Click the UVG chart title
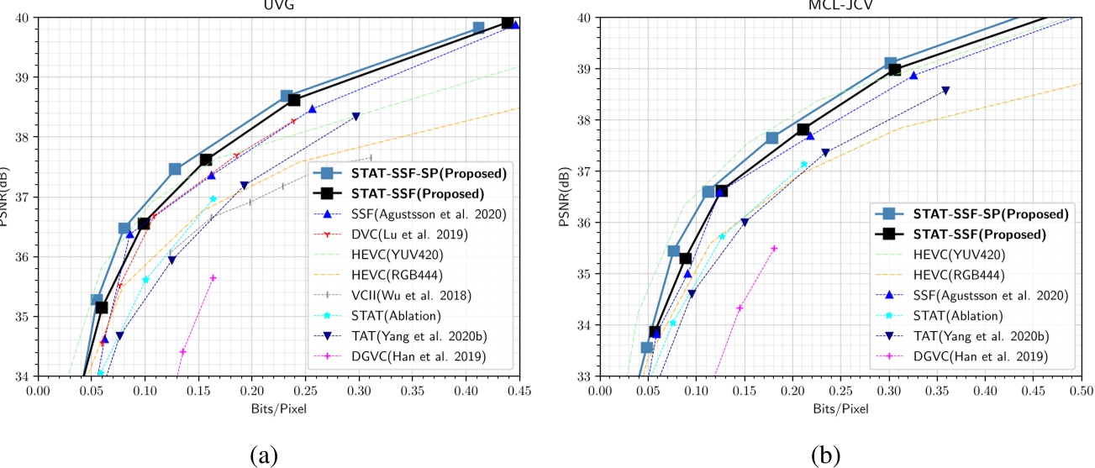pos(278,4)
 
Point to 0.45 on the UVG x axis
pos(519,392)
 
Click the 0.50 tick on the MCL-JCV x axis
pos(1081,392)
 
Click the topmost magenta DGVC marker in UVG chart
pos(213,278)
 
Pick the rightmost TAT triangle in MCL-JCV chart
pos(945,91)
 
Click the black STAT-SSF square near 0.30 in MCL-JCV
pos(894,70)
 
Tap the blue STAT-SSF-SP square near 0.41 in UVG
pos(478,28)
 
